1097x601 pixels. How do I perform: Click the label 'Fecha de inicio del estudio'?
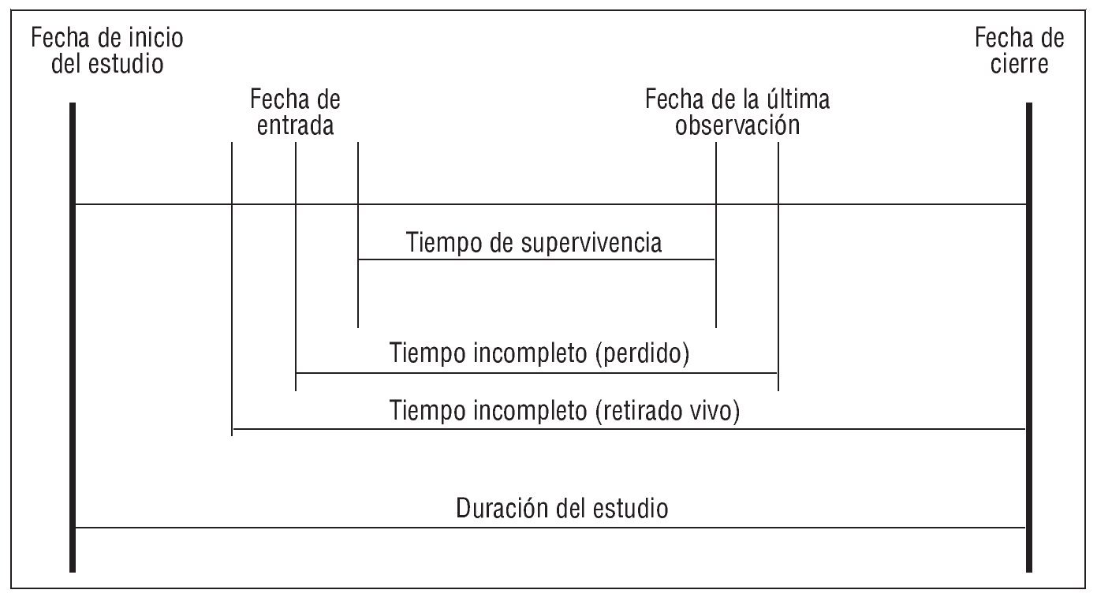tap(107, 50)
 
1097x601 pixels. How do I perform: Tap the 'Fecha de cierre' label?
tap(1019, 50)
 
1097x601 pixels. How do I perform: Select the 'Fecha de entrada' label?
tap(295, 113)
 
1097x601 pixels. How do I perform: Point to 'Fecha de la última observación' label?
tap(737, 113)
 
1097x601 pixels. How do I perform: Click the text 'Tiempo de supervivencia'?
tap(534, 243)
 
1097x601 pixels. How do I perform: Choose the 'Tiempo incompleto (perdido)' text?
tap(539, 354)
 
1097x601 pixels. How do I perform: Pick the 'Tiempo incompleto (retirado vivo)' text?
tap(565, 410)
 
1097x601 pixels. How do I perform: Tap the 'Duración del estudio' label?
tap(562, 509)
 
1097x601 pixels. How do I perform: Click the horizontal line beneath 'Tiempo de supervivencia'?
tap(536, 259)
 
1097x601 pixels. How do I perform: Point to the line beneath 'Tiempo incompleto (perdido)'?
tap(536, 372)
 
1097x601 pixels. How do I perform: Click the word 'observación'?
tap(737, 125)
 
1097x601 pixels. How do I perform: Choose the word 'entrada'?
tap(295, 125)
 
